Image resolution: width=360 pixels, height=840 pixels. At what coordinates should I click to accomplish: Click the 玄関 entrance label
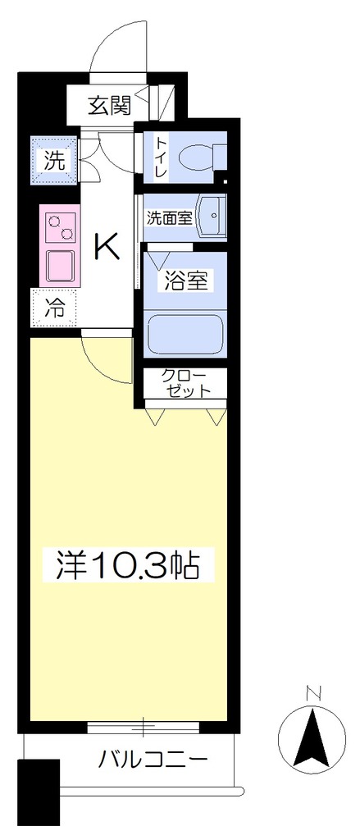click(109, 107)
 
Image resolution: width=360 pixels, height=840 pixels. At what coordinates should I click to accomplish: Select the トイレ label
click(161, 157)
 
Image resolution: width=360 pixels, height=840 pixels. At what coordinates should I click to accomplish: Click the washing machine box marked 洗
click(54, 160)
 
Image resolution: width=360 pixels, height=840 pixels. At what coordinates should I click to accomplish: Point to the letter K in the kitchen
click(107, 247)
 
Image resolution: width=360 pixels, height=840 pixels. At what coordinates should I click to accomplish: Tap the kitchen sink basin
click(61, 267)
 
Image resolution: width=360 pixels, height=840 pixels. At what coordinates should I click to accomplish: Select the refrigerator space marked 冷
click(54, 308)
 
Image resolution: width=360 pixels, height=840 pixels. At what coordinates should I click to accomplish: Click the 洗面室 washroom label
click(169, 217)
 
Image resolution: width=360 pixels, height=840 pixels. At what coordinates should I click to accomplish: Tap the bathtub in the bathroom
click(185, 333)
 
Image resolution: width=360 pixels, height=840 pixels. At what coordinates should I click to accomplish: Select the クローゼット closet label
click(185, 382)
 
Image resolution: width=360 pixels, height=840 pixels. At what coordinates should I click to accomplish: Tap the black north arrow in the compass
click(312, 736)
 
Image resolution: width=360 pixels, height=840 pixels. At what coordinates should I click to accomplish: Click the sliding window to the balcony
click(144, 727)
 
